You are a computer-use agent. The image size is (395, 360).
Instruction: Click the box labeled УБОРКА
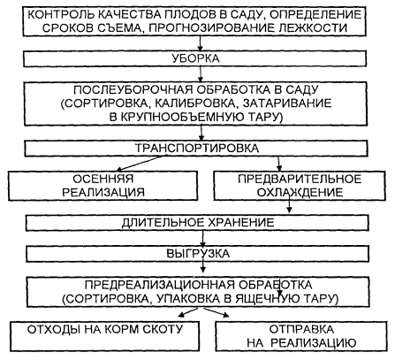click(194, 58)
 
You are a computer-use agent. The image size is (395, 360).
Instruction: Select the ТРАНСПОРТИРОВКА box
click(196, 149)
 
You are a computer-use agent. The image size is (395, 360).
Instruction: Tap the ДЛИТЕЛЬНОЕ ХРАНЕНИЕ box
click(197, 223)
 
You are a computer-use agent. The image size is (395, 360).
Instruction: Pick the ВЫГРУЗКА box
click(198, 254)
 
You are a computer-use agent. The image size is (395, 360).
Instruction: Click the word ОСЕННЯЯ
click(103, 179)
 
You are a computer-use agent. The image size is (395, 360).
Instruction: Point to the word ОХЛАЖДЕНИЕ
click(300, 193)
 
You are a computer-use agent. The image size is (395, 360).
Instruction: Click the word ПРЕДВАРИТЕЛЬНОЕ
click(300, 179)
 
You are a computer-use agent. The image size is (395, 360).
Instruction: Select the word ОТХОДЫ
click(54, 329)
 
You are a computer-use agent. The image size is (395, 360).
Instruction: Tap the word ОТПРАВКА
click(301, 329)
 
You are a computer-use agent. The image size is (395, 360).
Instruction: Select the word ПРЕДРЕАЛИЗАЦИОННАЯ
click(160, 285)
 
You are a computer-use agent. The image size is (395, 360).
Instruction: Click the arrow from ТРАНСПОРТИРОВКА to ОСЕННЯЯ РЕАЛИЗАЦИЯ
click(140, 163)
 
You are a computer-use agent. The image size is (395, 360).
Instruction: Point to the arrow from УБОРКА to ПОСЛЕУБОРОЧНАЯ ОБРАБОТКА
click(201, 74)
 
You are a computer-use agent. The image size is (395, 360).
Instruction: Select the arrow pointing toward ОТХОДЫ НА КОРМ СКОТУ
click(188, 312)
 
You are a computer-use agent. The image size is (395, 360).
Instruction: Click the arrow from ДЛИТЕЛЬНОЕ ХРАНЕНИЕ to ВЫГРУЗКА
click(202, 239)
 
